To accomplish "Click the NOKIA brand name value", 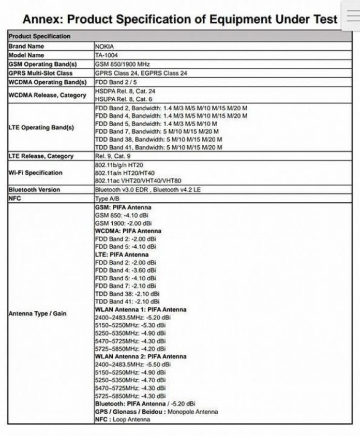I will (x=105, y=46).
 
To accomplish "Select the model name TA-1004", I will (x=107, y=55).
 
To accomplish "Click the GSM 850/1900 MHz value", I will (x=122, y=64).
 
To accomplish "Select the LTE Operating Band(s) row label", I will (x=41, y=127).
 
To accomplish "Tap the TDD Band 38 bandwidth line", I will (x=158, y=139).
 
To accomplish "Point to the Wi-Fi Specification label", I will (x=35, y=173).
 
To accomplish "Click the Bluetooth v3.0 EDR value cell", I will (x=147, y=189).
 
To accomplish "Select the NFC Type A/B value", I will (x=108, y=198).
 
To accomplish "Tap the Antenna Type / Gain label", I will (x=37, y=313).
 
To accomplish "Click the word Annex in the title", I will (x=43, y=20).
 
